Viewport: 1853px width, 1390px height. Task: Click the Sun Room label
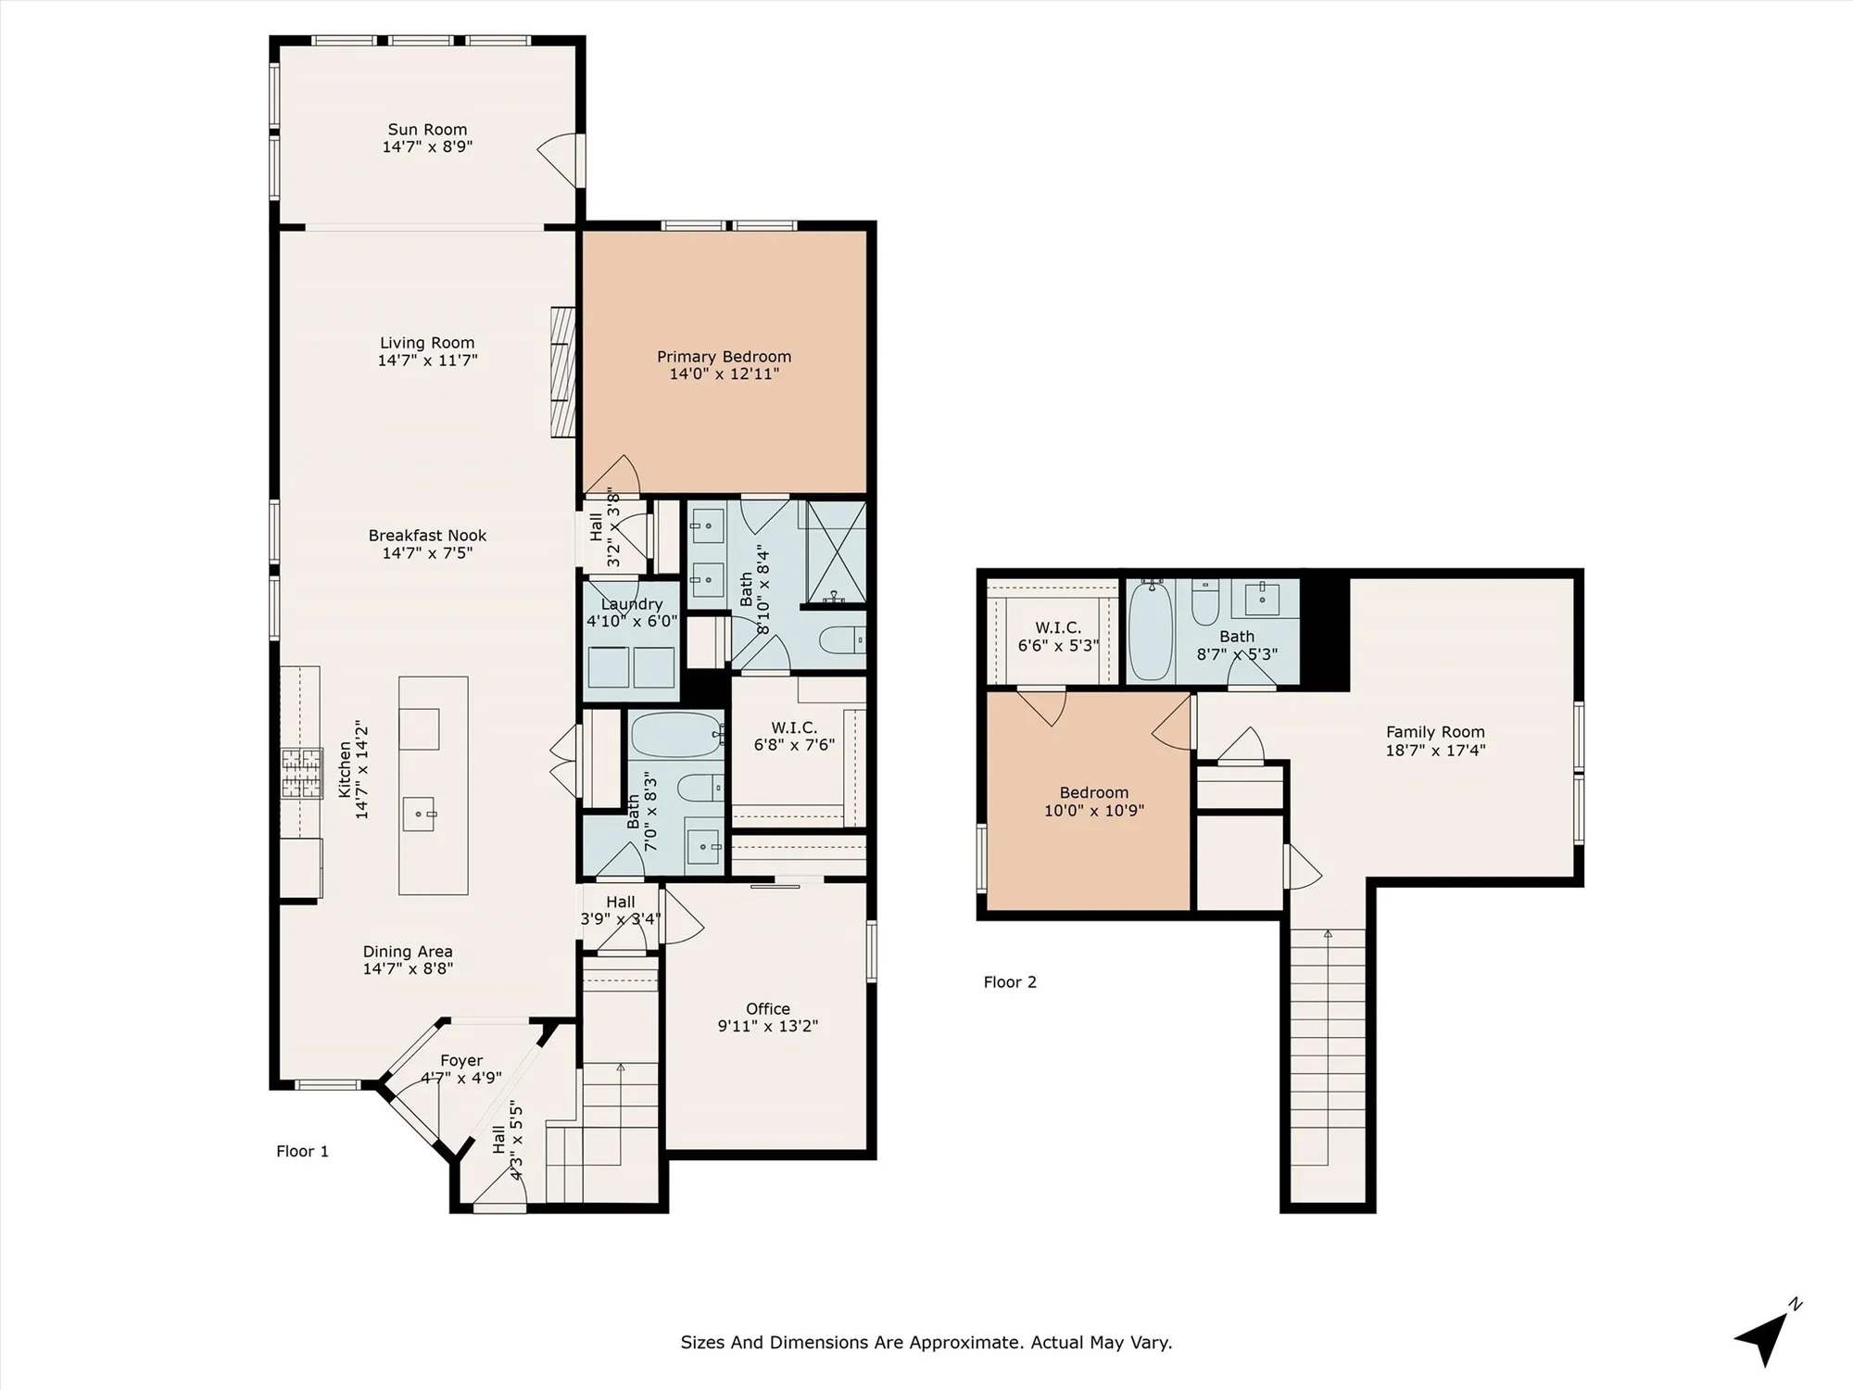click(x=427, y=130)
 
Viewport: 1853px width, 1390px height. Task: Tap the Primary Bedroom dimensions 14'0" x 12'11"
click(x=724, y=373)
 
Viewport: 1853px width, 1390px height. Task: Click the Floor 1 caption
click(x=302, y=1151)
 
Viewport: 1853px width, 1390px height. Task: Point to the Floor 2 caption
click(x=1010, y=982)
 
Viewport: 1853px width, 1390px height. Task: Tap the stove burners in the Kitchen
click(x=302, y=774)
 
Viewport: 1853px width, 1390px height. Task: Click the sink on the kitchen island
click(x=420, y=814)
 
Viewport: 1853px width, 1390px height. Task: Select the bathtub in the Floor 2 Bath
click(x=1150, y=630)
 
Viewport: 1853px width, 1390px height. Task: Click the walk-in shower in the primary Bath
click(x=836, y=553)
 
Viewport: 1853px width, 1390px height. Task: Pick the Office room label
click(x=767, y=1009)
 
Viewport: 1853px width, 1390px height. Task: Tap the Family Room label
click(x=1434, y=732)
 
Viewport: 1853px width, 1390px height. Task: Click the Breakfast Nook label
click(x=427, y=536)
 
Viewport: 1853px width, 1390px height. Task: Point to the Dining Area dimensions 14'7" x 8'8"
click(x=408, y=968)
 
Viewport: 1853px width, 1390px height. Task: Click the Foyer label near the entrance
click(x=461, y=1060)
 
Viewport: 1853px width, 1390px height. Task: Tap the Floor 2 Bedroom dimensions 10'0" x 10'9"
click(x=1093, y=810)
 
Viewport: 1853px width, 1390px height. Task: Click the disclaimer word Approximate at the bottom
click(x=964, y=1342)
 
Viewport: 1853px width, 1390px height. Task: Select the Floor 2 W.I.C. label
click(x=1057, y=627)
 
